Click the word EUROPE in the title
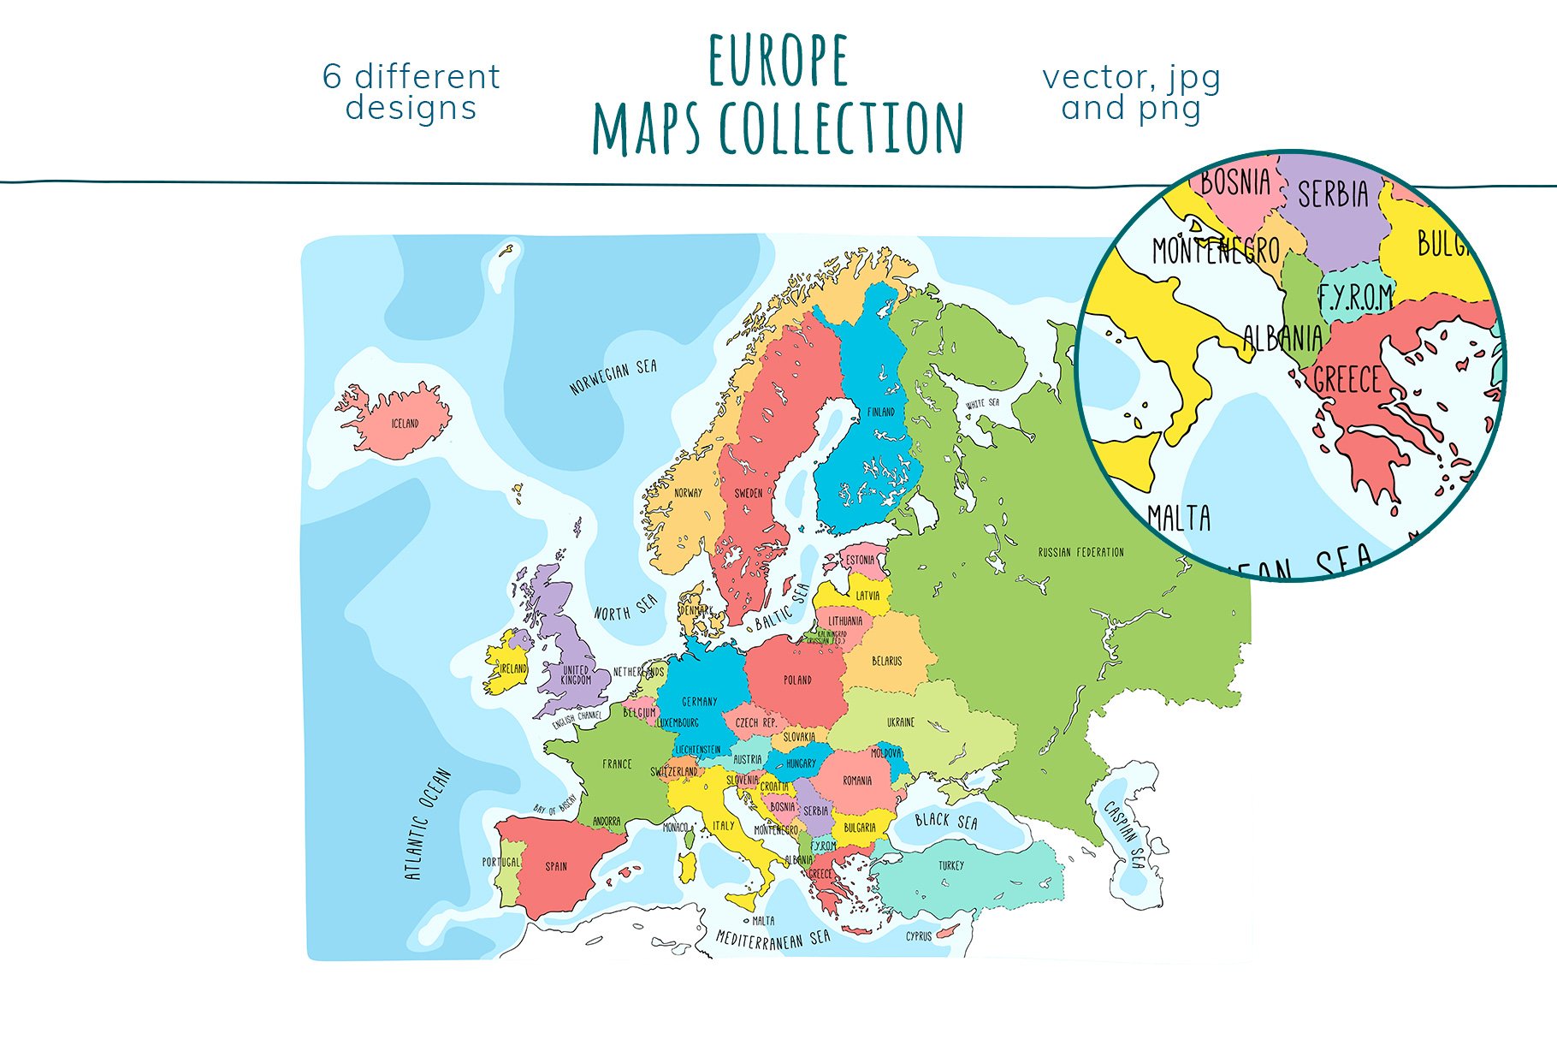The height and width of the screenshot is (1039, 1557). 778,61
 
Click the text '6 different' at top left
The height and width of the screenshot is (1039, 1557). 411,77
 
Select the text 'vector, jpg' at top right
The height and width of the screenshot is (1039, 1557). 1131,77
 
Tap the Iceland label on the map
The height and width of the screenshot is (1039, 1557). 405,424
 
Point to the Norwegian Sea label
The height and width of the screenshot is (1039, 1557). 613,377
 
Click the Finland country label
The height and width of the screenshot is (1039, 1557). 881,412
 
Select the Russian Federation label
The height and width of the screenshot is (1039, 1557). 1080,552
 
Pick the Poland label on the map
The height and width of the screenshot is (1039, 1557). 797,680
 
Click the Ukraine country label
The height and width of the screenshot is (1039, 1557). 900,722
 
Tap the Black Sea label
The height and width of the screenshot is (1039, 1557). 945,821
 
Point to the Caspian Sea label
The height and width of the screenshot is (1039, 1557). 1124,834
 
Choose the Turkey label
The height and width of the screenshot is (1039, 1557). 950,865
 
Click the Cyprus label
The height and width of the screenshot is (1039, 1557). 919,936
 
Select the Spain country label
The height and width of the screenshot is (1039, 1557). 556,866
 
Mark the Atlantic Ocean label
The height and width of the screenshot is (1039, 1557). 427,824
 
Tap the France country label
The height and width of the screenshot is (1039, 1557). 617,763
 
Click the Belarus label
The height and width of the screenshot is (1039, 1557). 886,661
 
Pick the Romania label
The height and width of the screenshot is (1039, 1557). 857,781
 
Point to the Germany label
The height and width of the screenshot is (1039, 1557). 699,701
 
